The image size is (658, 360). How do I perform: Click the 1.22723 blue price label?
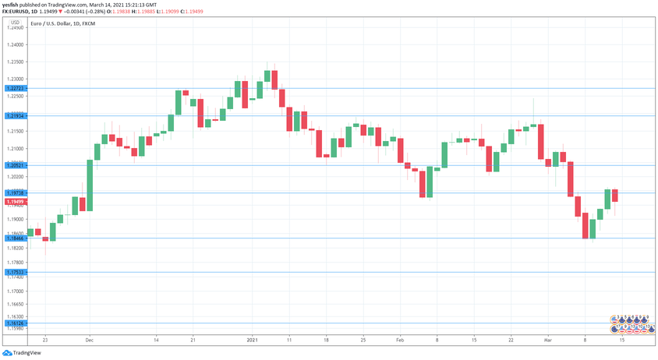(16, 89)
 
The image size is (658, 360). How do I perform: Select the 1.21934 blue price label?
(16, 116)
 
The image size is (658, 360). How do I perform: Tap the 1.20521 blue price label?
(16, 166)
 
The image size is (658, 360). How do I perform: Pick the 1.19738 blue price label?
(16, 192)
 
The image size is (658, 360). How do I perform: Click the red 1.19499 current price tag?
(16, 202)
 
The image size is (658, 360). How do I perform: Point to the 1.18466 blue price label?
(16, 238)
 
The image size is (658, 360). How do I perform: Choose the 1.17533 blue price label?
(16, 273)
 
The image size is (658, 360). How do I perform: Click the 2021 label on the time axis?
(252, 341)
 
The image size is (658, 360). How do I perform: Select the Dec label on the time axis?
(90, 341)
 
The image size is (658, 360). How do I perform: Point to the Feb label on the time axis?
(400, 341)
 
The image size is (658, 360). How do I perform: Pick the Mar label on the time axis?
(549, 341)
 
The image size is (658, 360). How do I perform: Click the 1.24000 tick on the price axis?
(16, 45)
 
